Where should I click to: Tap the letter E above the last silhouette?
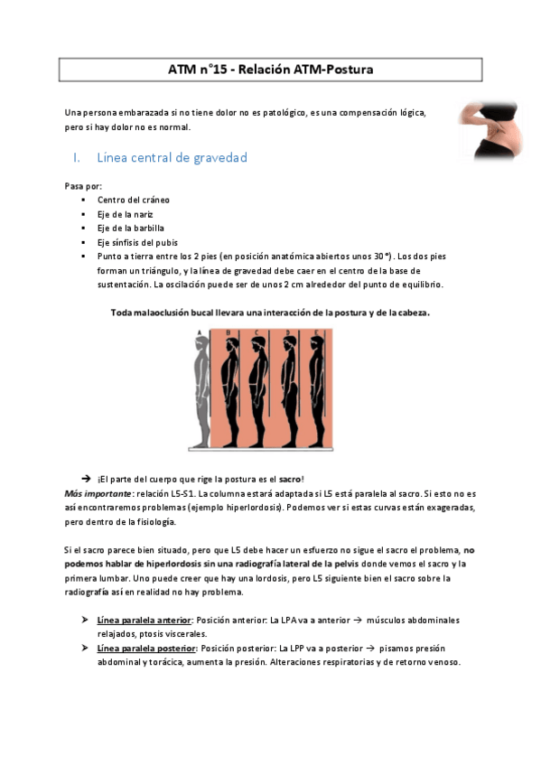[319, 333]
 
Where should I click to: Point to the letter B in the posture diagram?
[227, 333]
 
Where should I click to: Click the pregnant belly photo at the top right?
[493, 131]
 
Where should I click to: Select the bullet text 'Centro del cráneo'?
[134, 199]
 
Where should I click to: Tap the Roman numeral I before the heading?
[77, 157]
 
